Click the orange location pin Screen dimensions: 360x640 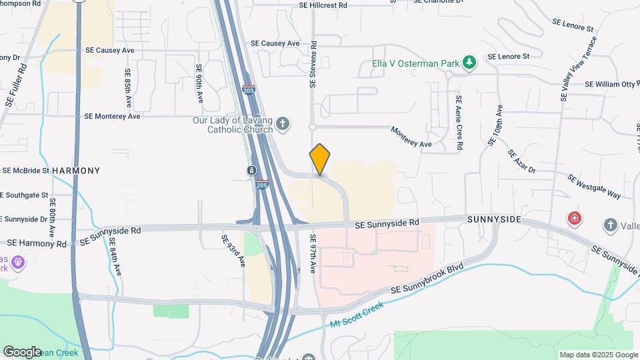(x=320, y=159)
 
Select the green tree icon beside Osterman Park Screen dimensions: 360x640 (x=471, y=63)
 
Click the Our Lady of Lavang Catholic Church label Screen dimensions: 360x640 (x=233, y=125)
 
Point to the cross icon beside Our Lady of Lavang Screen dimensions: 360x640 (x=283, y=124)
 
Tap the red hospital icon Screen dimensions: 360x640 (x=573, y=218)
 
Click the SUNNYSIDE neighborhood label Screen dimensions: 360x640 (x=494, y=219)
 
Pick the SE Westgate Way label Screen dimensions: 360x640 (x=594, y=186)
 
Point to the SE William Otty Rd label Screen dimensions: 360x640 (x=611, y=85)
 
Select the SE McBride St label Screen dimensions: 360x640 (x=26, y=171)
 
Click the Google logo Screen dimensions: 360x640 (x=22, y=351)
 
